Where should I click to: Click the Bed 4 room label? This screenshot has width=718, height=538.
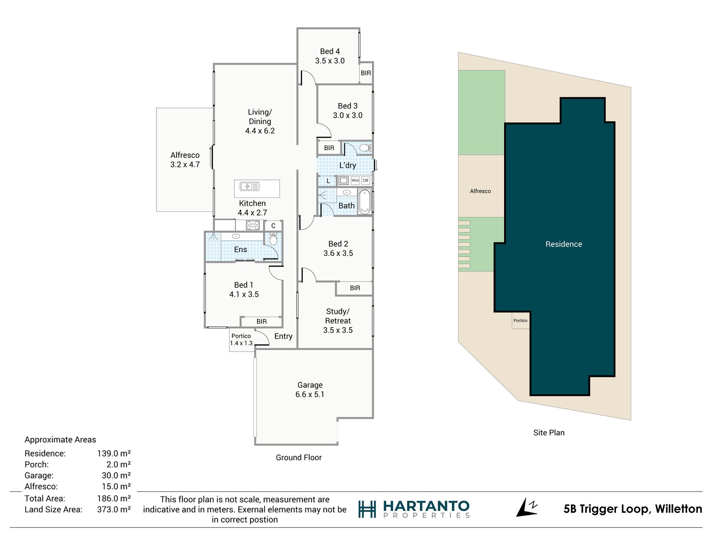coord(330,51)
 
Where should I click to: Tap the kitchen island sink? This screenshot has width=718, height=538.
coord(249,186)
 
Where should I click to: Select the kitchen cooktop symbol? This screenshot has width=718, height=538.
coord(252,225)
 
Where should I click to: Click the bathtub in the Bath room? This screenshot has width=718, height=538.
coord(365,202)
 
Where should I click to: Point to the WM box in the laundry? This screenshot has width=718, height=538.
coord(355,180)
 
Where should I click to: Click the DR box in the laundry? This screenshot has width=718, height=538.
coord(365,180)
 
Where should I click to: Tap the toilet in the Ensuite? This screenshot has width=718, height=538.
coord(273,239)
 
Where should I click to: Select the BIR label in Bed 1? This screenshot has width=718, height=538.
coord(262,322)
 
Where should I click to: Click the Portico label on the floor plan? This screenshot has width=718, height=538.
coord(241,336)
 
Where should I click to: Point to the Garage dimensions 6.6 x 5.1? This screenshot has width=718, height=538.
coord(310,395)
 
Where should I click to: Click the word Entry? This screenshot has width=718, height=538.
coord(283,336)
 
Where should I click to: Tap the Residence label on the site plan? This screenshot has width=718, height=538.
coord(563,244)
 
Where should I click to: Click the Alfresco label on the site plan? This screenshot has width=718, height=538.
coord(480,191)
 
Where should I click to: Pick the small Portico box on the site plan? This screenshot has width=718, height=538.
coord(521,321)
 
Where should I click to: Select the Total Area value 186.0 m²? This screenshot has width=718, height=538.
coord(114,498)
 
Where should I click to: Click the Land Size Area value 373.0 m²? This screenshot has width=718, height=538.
coord(114,509)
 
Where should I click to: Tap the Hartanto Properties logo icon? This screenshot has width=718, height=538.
coord(367,509)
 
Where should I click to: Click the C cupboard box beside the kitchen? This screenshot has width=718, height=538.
coord(273,226)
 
